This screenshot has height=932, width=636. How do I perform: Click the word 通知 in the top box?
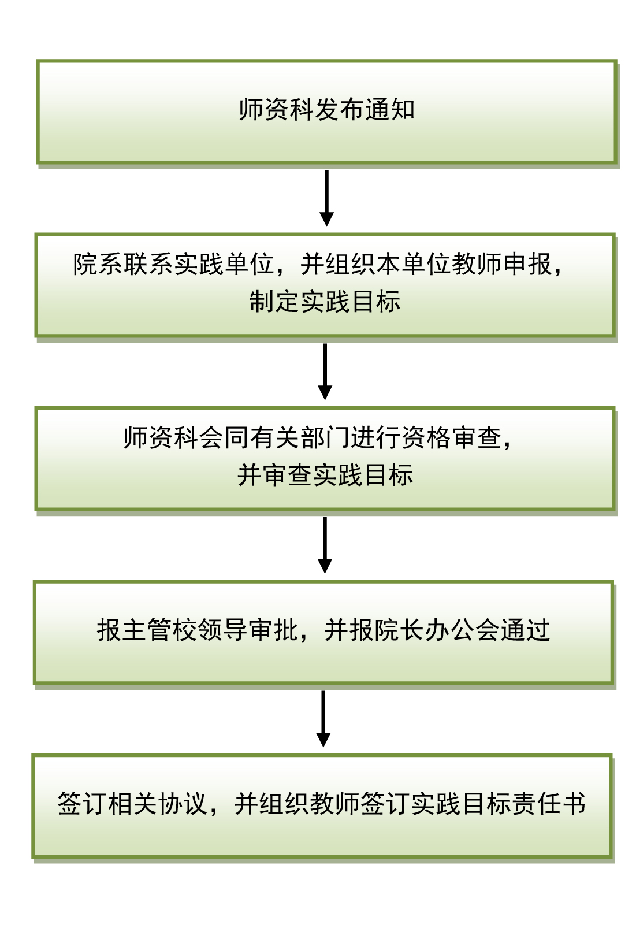(x=390, y=110)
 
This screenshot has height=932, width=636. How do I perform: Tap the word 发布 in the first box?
(x=340, y=110)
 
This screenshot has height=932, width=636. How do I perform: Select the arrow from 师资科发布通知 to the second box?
(x=326, y=198)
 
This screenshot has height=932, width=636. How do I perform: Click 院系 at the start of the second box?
(x=98, y=264)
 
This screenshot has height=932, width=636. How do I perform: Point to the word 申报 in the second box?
(x=527, y=264)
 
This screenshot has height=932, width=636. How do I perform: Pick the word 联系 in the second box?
(x=148, y=264)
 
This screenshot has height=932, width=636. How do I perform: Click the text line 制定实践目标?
(x=325, y=302)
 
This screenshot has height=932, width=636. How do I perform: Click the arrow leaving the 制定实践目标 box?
(x=325, y=372)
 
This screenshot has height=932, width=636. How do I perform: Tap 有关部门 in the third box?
(x=299, y=438)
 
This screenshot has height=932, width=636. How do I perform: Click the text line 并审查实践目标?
(x=325, y=475)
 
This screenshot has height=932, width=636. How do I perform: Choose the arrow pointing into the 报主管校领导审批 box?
(x=325, y=545)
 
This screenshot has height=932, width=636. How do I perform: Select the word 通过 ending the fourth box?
(x=525, y=630)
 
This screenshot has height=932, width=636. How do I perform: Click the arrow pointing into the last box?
(x=323, y=719)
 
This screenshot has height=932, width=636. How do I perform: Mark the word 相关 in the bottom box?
(x=133, y=803)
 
